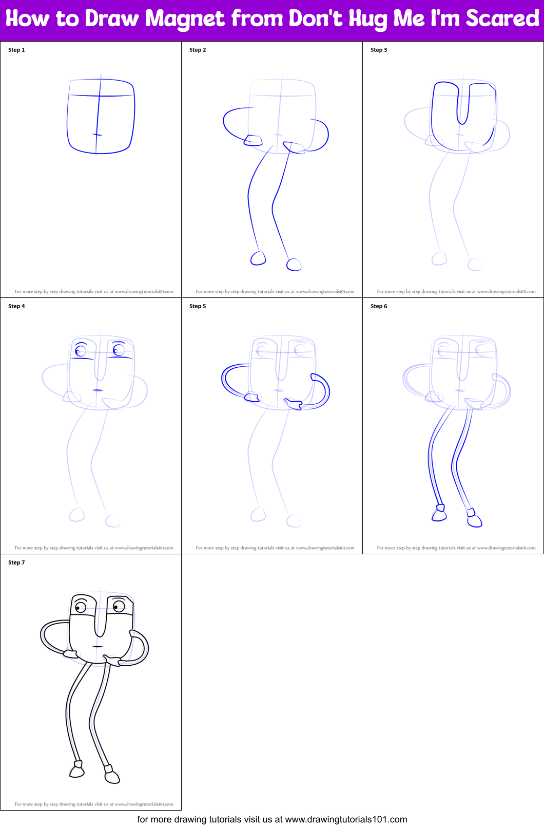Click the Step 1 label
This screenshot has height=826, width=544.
[x=16, y=50]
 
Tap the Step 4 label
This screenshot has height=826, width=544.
[x=16, y=306]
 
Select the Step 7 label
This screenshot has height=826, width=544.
[x=16, y=562]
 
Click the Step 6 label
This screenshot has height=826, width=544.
[x=379, y=306]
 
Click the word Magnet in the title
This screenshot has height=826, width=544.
[x=185, y=19]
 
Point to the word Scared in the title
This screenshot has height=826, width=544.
[x=502, y=19]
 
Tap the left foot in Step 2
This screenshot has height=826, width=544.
[x=258, y=258]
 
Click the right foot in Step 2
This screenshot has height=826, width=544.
[x=294, y=265]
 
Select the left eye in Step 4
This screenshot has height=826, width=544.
[x=81, y=351]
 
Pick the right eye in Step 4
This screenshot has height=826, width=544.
[x=119, y=350]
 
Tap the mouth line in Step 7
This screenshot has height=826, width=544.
[x=98, y=646]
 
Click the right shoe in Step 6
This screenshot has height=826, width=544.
[x=474, y=520]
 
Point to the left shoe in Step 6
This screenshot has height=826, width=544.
[x=439, y=515]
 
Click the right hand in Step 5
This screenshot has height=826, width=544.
[x=294, y=405]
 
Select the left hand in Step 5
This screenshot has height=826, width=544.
[x=252, y=397]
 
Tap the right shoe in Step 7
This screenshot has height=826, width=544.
[x=112, y=775]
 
